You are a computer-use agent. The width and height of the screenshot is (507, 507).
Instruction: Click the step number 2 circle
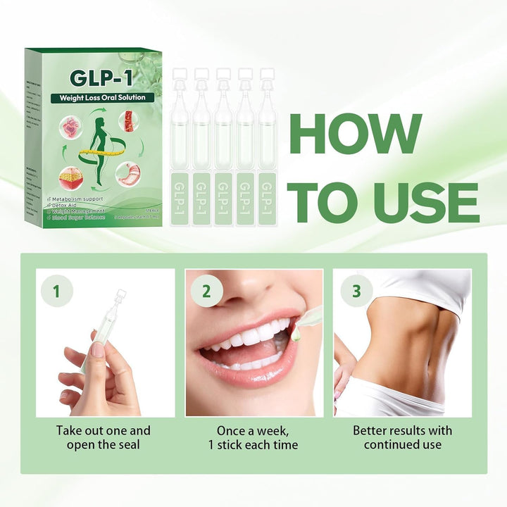pos(206,292)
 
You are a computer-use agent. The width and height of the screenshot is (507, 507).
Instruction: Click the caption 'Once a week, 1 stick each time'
pos(254,437)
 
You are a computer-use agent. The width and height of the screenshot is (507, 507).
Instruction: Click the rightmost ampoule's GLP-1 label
pos(267,199)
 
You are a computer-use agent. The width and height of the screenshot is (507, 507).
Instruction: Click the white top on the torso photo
pos(423,289)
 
